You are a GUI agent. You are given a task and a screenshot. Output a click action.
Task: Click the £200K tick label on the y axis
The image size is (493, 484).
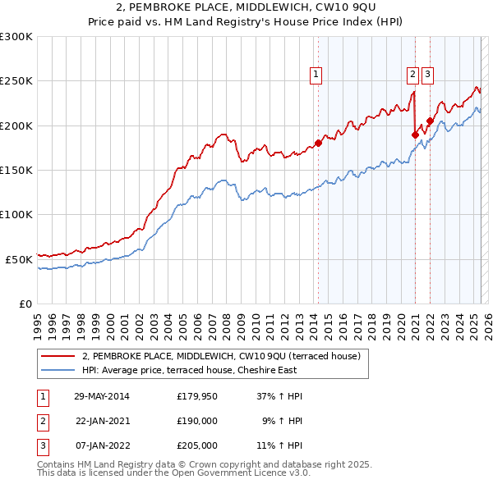pyautogui.click(x=16, y=126)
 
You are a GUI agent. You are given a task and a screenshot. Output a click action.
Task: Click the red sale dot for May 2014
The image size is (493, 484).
pyautogui.click(x=318, y=143)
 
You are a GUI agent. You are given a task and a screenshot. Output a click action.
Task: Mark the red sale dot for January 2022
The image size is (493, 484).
pyautogui.click(x=430, y=121)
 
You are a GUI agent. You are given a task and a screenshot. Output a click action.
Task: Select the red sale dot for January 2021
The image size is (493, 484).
pyautogui.click(x=415, y=135)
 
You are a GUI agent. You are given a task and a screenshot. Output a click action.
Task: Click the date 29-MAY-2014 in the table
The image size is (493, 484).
pyautogui.click(x=102, y=396)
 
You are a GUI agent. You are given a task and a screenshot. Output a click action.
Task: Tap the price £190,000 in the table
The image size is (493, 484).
pyautogui.click(x=197, y=421)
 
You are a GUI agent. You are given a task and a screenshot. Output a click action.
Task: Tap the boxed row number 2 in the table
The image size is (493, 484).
pyautogui.click(x=42, y=421)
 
